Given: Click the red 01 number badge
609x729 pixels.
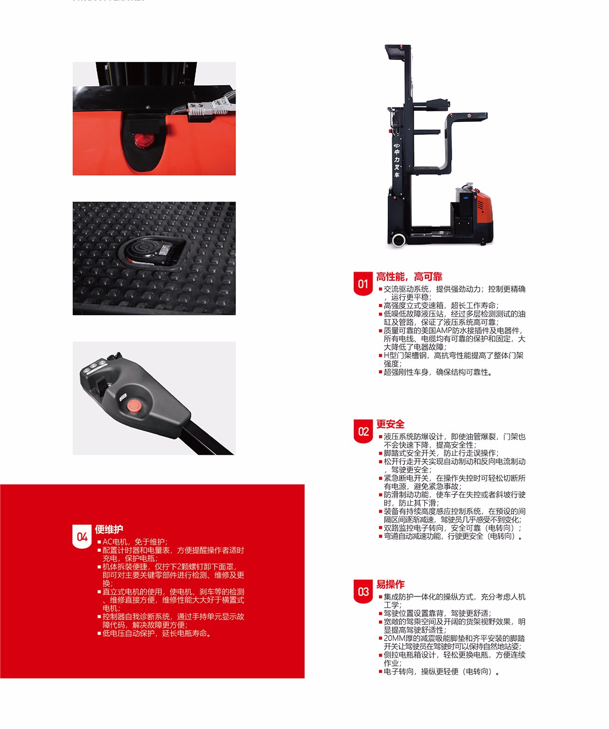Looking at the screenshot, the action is point(363,283).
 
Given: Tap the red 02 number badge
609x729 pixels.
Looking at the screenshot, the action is point(363,431).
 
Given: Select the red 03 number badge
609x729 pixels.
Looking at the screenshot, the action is point(363,591).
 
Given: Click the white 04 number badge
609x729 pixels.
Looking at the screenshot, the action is point(82,536).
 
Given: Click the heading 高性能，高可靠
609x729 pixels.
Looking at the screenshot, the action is point(409,277).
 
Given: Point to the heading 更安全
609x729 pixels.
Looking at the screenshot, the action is point(390,424).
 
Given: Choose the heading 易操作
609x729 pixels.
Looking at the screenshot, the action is point(390,584).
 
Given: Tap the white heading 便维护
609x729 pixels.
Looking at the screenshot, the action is point(109,529).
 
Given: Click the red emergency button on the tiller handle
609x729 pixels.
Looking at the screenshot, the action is point(133,405).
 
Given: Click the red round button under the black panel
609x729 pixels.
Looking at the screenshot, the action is point(144,140).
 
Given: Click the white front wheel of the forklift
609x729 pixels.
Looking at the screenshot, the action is point(398,240).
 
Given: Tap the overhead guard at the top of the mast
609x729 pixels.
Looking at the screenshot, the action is point(398,52).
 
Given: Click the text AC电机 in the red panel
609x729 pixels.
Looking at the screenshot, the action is point(115,542).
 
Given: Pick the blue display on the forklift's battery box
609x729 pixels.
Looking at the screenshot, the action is point(466,199).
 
